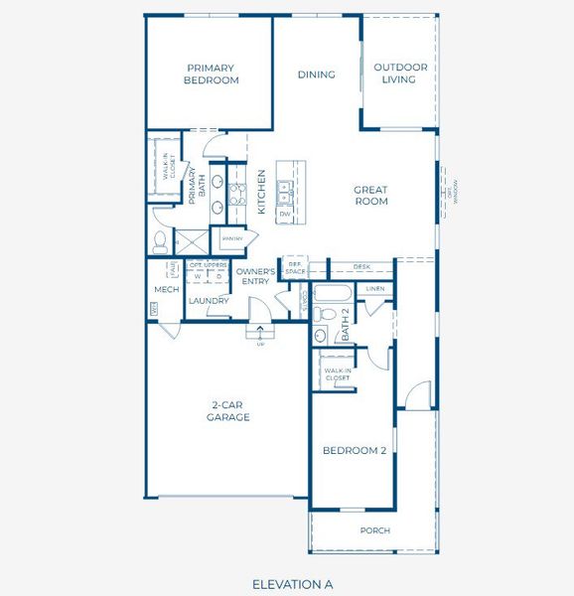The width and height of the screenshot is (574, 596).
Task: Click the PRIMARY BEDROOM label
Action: point(211,74)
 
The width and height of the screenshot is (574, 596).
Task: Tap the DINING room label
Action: point(317,74)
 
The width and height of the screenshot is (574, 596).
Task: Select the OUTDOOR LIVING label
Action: point(400,74)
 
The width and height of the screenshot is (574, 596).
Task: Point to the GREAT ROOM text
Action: point(370,196)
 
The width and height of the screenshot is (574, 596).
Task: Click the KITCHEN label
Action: point(261,192)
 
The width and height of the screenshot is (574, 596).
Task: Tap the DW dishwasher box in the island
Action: point(285,214)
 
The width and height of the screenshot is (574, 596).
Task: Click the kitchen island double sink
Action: point(285,191)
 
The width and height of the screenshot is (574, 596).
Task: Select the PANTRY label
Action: point(232,239)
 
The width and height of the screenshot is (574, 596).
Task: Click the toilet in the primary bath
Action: point(161,239)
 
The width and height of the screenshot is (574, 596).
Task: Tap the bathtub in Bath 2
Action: point(332,294)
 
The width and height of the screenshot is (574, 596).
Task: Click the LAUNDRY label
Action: point(209,301)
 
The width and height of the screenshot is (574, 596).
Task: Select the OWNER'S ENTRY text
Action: point(255,276)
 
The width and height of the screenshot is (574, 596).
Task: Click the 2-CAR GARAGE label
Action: point(229,411)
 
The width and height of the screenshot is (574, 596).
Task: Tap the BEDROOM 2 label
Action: point(354,450)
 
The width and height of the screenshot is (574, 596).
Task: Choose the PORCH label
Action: point(374,530)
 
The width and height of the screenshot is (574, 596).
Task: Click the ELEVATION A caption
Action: point(292,583)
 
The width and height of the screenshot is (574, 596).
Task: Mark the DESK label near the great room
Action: point(361,267)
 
